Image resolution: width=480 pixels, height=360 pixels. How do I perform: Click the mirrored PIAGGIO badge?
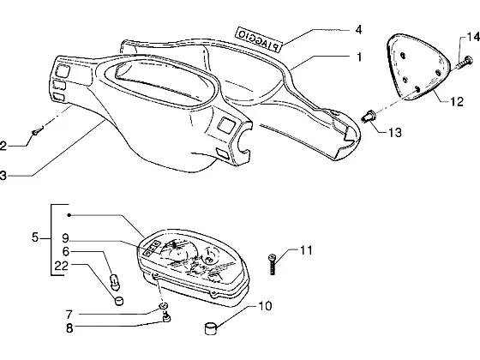point(258,39)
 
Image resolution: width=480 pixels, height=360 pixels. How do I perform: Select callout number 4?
point(358,30)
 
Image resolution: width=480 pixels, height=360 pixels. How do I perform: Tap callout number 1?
point(359,57)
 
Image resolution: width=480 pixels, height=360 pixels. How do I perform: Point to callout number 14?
point(473,37)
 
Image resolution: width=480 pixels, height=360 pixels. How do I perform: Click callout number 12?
point(457,102)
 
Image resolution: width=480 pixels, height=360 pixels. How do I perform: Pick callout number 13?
point(395,133)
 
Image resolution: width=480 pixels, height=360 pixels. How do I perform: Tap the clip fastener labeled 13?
point(369,117)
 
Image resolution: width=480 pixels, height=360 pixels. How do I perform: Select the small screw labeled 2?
point(38,130)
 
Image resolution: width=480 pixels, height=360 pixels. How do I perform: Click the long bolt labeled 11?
point(272,264)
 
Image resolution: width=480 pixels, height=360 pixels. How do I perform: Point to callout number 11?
point(306,250)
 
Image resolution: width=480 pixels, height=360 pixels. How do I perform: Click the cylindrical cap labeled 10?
point(210,328)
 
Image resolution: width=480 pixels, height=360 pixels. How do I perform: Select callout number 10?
point(265,306)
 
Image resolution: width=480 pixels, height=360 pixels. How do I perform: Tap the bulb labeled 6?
point(115,282)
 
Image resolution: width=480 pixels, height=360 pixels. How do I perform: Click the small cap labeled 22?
point(118,301)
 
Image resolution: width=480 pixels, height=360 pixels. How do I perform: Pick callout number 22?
point(61,266)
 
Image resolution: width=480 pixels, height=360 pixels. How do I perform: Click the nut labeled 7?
point(164,306)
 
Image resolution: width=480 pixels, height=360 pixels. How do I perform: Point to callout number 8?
point(69,328)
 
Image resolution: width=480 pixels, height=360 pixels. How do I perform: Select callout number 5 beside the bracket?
point(35,237)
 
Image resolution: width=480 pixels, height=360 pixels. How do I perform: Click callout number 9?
point(65,238)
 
